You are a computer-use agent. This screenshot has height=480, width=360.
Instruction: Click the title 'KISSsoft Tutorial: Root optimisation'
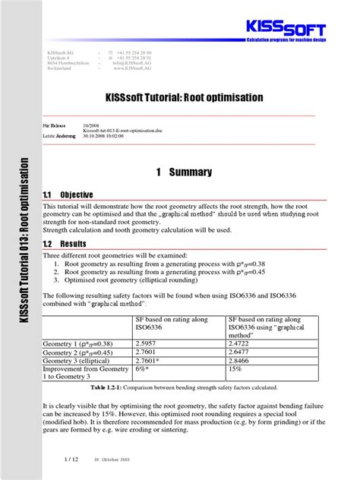click(179, 99)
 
